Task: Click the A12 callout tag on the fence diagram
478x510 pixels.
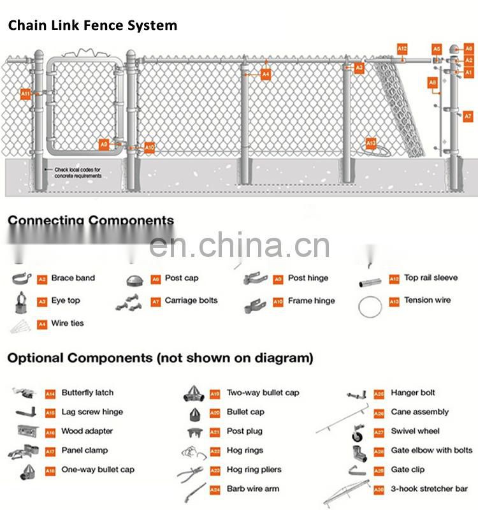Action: pyautogui.click(x=402, y=48)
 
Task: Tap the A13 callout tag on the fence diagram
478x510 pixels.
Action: pyautogui.click(x=371, y=143)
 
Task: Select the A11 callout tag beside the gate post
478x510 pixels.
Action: pyautogui.click(x=25, y=94)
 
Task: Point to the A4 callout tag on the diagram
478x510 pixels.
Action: pyautogui.click(x=266, y=75)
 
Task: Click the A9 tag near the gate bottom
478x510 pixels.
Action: pyautogui.click(x=104, y=145)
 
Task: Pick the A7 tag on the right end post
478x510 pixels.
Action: pyautogui.click(x=468, y=116)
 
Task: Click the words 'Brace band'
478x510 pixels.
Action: pyautogui.click(x=73, y=278)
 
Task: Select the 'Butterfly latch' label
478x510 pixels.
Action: pyautogui.click(x=87, y=393)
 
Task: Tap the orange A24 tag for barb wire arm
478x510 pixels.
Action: pyautogui.click(x=215, y=490)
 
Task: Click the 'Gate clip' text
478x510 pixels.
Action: pyautogui.click(x=408, y=469)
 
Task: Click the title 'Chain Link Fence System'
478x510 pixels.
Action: pyautogui.click(x=92, y=26)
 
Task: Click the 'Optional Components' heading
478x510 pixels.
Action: pyautogui.click(x=160, y=358)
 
